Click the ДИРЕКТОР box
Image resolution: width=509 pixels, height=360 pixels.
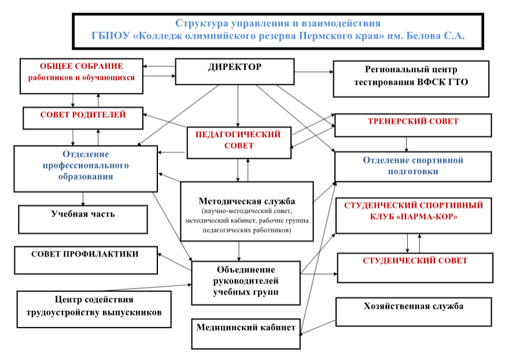tap(235, 72)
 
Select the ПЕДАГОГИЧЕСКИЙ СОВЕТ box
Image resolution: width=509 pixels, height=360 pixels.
tap(239, 143)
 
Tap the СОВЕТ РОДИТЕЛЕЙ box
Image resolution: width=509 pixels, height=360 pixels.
tap(83, 118)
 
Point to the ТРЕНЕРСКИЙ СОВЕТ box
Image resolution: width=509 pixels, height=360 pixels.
tap(413, 125)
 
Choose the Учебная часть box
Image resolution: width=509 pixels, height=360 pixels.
tap(83, 220)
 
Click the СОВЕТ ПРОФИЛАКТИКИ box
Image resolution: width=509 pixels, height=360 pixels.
tap(86, 261)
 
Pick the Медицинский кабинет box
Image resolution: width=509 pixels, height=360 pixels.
tap(246, 334)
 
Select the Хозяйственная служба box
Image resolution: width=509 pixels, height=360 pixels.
tap(414, 312)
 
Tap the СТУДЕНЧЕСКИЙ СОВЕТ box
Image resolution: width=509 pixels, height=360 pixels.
tap(415, 268)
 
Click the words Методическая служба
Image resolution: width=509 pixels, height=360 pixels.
tap(247, 202)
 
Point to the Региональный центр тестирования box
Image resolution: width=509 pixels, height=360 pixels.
tap(411, 79)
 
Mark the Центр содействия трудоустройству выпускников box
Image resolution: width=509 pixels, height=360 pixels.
tap(94, 309)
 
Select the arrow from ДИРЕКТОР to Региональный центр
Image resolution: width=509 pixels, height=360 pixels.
tap(314, 72)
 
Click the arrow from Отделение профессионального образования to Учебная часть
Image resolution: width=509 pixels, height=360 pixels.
tap(83, 199)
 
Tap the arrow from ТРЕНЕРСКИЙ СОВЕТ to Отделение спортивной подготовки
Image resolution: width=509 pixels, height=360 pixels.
tap(406, 144)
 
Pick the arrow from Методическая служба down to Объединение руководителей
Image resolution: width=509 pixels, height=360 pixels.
tap(239, 251)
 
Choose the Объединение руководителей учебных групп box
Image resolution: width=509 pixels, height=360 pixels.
tap(246, 283)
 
